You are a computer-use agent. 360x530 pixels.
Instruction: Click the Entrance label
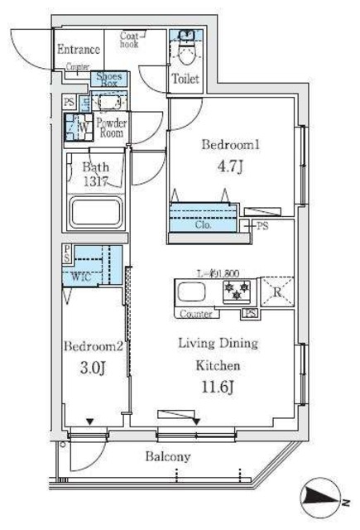pyautogui.click(x=79, y=50)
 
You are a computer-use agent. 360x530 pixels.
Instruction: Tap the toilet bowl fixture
pyautogui.click(x=185, y=51)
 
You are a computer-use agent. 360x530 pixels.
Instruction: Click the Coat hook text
pyautogui.click(x=131, y=40)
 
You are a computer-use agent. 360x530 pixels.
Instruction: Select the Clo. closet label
pyautogui.click(x=204, y=224)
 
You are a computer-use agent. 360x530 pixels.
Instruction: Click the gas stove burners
pyautogui.click(x=237, y=292)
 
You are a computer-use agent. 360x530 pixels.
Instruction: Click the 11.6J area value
pyautogui.click(x=218, y=386)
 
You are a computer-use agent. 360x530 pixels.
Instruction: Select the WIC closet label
pyautogui.click(x=81, y=277)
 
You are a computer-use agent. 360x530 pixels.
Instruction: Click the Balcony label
pyautogui.click(x=169, y=456)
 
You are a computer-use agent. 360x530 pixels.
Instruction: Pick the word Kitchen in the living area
pyautogui.click(x=218, y=364)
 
